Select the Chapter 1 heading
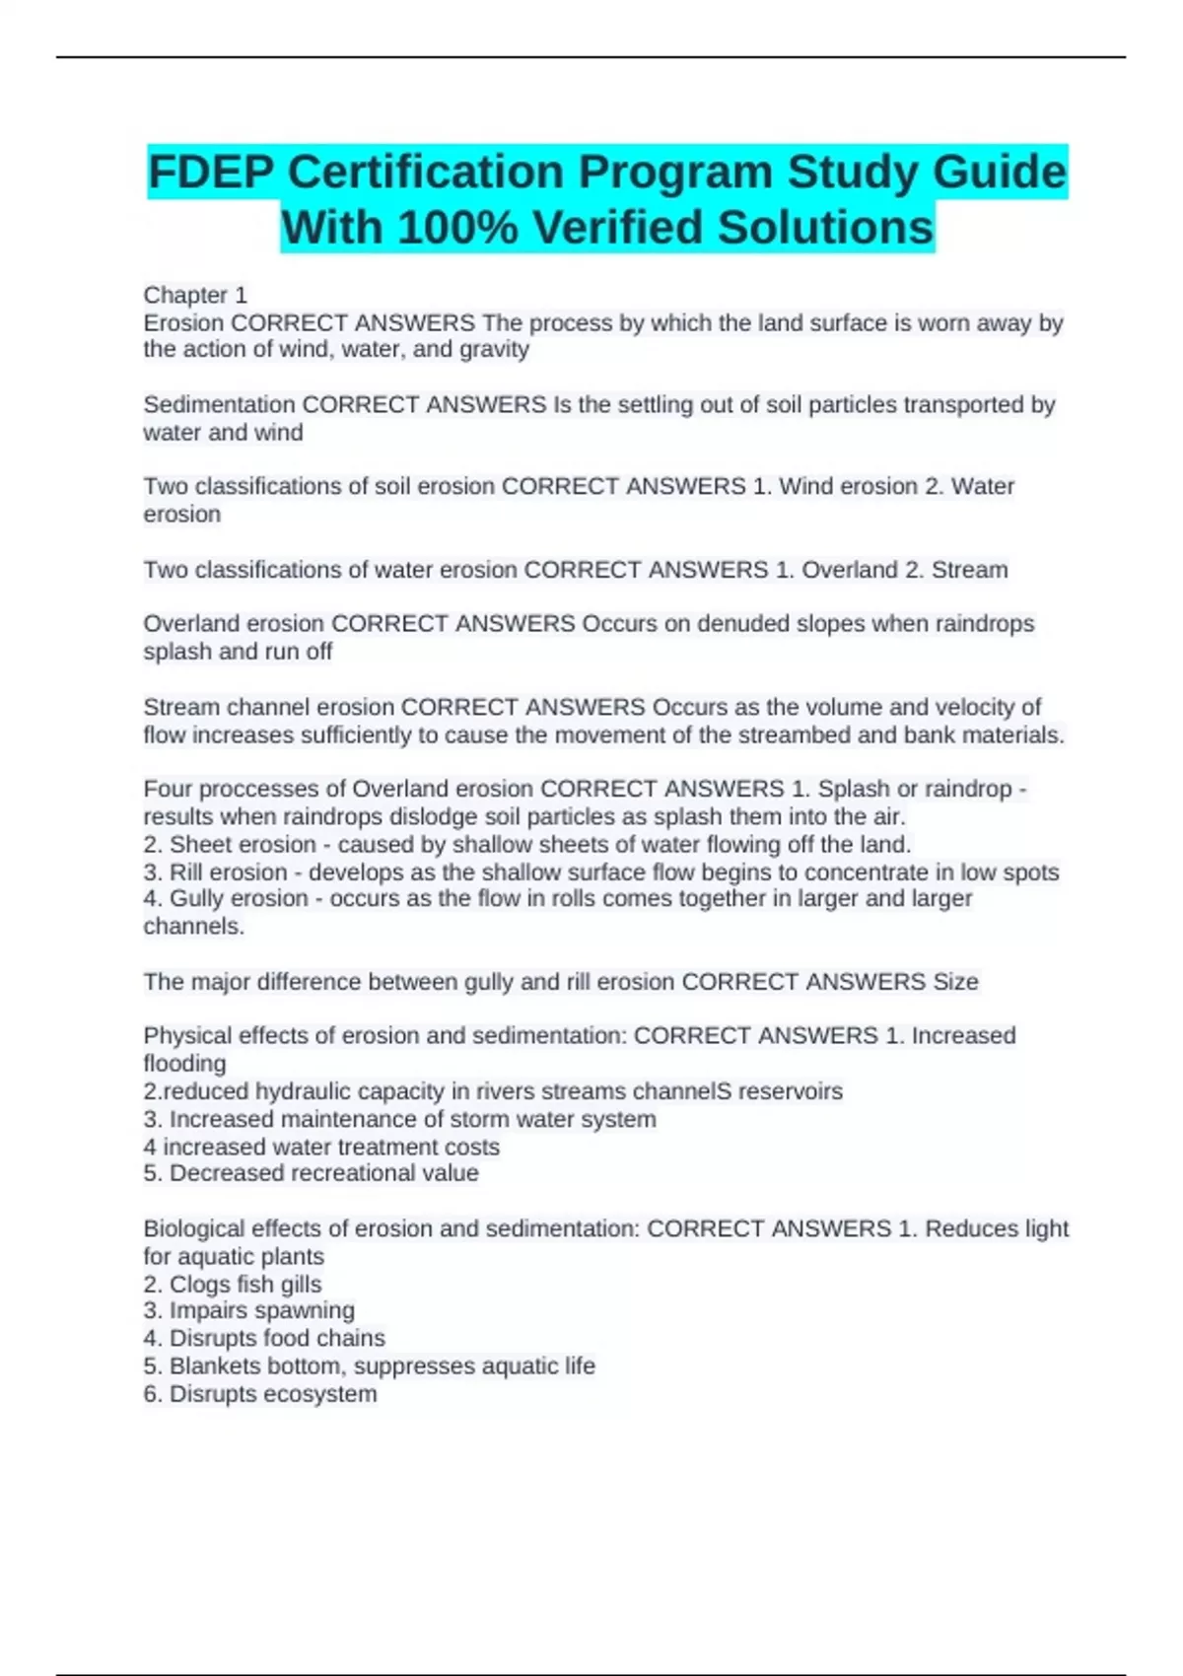pyautogui.click(x=195, y=295)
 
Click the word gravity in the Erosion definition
pyautogui.click(x=495, y=350)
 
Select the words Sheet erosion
pyautogui.click(x=243, y=845)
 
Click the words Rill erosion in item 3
pyautogui.click(x=229, y=873)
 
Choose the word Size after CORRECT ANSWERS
pyautogui.click(x=954, y=982)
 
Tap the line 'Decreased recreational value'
pyautogui.click(x=323, y=1173)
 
